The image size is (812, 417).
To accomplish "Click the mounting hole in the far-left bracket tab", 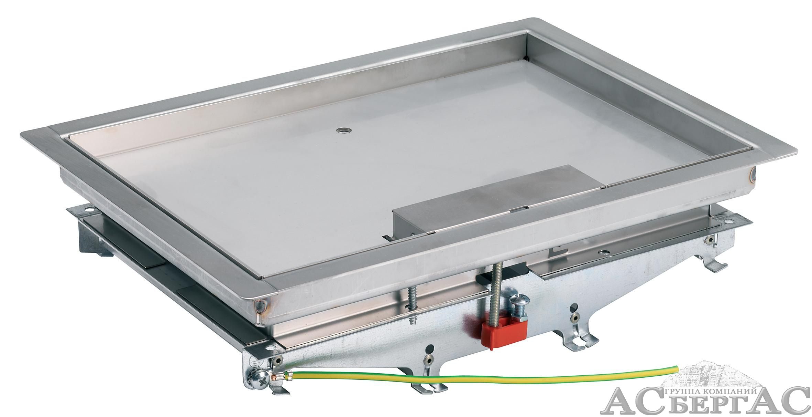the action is (90, 209).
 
